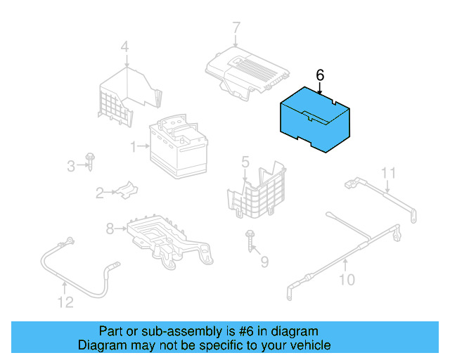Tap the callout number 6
pyautogui.click(x=320, y=74)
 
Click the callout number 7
pyautogui.click(x=236, y=28)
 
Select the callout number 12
pyautogui.click(x=65, y=302)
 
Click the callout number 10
pyautogui.click(x=347, y=280)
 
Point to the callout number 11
pyautogui.click(x=389, y=173)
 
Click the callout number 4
pyautogui.click(x=124, y=48)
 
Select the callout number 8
pyautogui.click(x=110, y=228)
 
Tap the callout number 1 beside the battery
pyautogui.click(x=132, y=146)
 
